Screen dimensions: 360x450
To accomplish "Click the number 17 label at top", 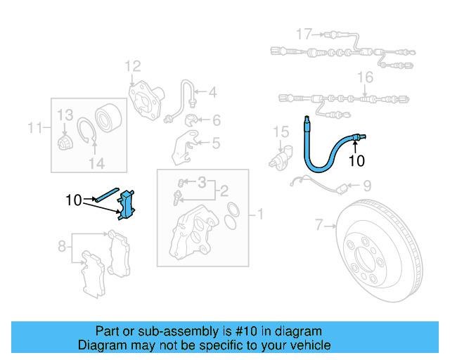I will tap(303, 33).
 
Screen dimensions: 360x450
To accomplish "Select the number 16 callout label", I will tap(365, 77).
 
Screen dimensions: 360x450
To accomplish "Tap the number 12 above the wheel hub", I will tap(133, 67).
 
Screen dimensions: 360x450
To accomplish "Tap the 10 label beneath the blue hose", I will tap(356, 160).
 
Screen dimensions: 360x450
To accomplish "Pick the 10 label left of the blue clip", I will tap(74, 200).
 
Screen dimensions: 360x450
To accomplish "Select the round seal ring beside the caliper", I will tap(235, 210).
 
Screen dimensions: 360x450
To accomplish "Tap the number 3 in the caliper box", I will tap(202, 182).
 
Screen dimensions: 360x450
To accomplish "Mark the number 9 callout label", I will tap(366, 186).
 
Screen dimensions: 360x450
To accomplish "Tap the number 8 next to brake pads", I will tap(63, 246).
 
